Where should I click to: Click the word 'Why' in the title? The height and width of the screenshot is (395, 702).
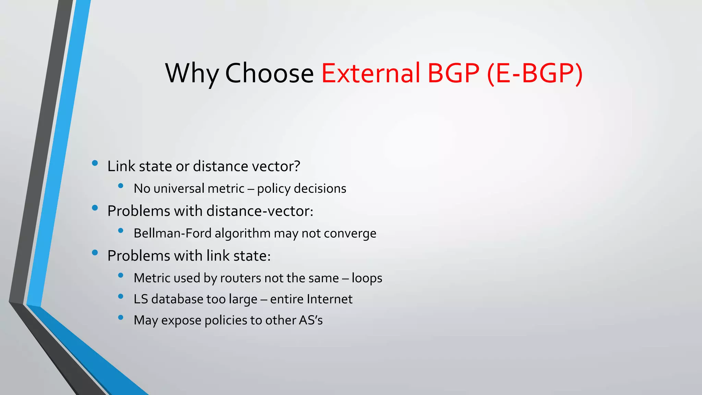(192, 73)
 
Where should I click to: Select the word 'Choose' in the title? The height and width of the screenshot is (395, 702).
(269, 73)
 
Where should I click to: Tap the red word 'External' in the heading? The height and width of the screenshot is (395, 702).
(371, 73)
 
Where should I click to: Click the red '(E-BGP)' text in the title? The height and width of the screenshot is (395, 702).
(534, 73)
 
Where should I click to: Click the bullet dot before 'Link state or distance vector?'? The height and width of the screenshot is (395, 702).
(95, 163)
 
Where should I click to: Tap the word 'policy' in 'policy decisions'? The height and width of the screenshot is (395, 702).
(274, 189)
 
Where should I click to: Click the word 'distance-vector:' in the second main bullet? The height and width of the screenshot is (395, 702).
(260, 211)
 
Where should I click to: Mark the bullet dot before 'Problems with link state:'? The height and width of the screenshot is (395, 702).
(95, 253)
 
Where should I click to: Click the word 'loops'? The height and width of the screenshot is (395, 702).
(367, 278)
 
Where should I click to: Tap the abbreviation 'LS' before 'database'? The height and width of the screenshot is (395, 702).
(141, 299)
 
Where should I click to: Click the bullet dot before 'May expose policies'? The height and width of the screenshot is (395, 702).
(120, 318)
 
